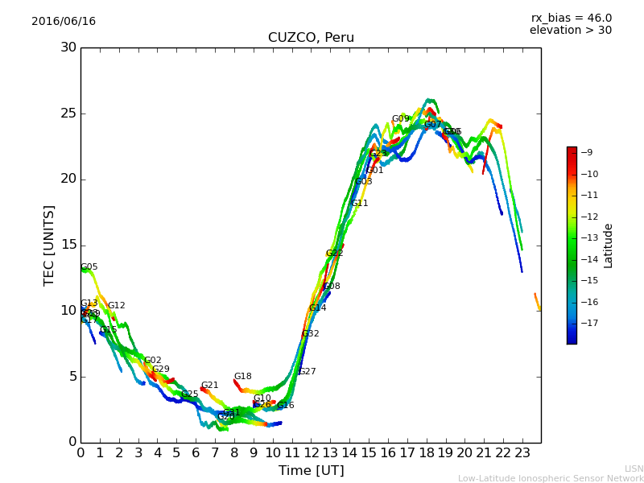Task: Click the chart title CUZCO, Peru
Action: click(x=311, y=38)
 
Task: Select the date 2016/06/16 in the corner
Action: click(x=64, y=22)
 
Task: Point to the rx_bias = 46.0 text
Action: click(x=571, y=18)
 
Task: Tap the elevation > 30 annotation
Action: click(x=571, y=31)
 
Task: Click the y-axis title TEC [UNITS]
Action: click(x=49, y=245)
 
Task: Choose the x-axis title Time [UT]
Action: click(x=311, y=470)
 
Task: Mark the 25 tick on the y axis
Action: click(x=68, y=114)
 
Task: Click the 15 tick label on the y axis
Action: click(x=68, y=245)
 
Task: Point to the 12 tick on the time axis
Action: click(x=312, y=452)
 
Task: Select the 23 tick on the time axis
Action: click(x=522, y=452)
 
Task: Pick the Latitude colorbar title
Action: click(x=609, y=245)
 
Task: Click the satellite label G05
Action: click(x=89, y=267)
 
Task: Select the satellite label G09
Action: click(x=401, y=119)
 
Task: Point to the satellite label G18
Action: click(x=243, y=377)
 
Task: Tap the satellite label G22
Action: click(x=335, y=254)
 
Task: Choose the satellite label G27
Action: click(x=308, y=372)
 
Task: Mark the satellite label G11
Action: click(x=360, y=204)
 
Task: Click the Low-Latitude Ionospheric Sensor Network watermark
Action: click(x=551, y=479)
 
